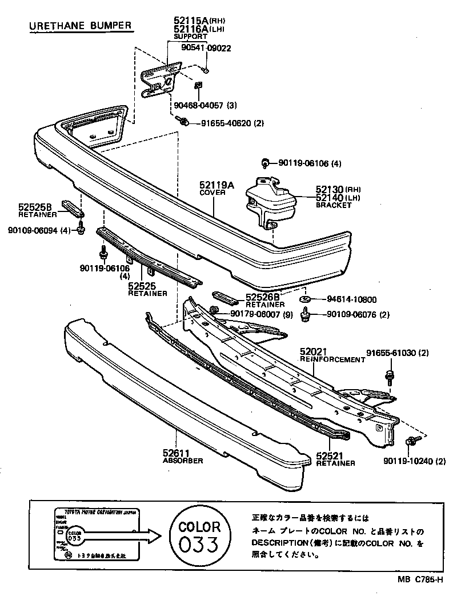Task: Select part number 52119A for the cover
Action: click(217, 185)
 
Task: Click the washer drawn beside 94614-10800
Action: click(305, 299)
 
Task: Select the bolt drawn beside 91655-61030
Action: click(389, 375)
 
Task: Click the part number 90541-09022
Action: click(206, 48)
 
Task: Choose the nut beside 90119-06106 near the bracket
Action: click(265, 163)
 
